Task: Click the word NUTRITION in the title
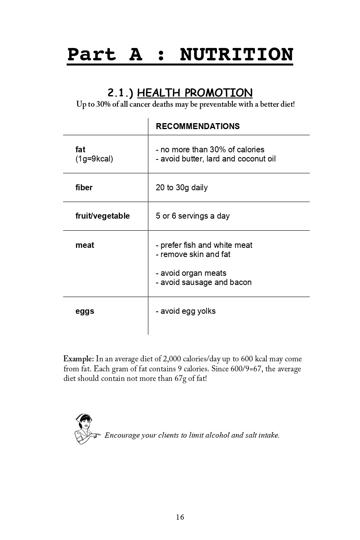point(237,55)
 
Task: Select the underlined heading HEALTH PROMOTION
point(195,93)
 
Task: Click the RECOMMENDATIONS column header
point(198,126)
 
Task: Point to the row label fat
point(80,149)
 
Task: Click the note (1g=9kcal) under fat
point(94,159)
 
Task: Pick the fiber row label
point(84,187)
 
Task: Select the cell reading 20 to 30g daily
point(182,187)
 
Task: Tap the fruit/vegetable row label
point(103,216)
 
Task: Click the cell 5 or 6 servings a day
point(193,216)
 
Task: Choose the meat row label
point(85,245)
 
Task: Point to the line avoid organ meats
point(191,273)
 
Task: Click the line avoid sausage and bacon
point(204,282)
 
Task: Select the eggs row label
point(85,311)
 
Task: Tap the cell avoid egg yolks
point(186,311)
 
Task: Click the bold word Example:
point(78,359)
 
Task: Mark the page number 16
point(180,517)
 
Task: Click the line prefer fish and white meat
point(204,245)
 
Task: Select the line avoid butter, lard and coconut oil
point(216,159)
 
